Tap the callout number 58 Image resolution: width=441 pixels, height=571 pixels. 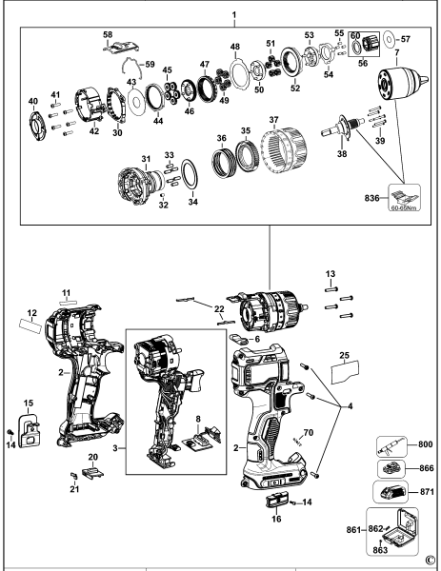pos(108,35)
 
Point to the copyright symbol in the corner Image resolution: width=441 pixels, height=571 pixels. pos(431,560)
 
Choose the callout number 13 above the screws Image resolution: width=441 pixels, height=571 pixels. pos(331,273)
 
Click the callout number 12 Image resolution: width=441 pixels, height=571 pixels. pos(32,312)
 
